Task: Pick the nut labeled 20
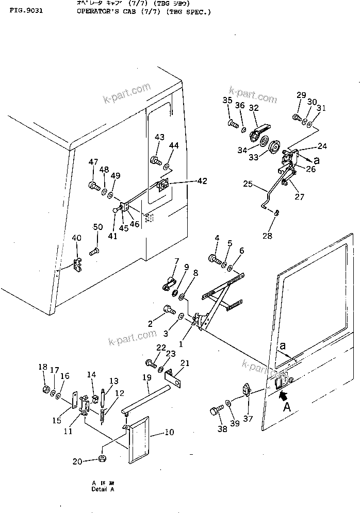(102, 459)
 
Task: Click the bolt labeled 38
(215, 412)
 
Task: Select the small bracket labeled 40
(78, 266)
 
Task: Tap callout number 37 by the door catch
(248, 419)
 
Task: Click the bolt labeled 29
(297, 118)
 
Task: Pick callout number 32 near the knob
(253, 108)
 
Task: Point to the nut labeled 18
(45, 389)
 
